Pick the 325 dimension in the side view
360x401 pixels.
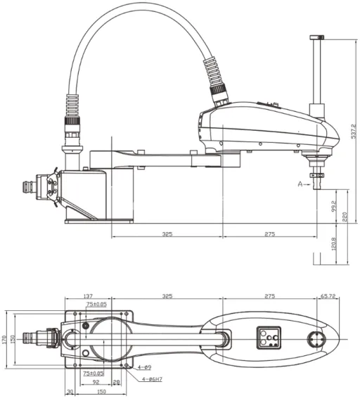167,233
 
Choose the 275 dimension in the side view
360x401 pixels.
269,233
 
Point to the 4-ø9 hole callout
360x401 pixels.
144,367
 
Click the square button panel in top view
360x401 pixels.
268,338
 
